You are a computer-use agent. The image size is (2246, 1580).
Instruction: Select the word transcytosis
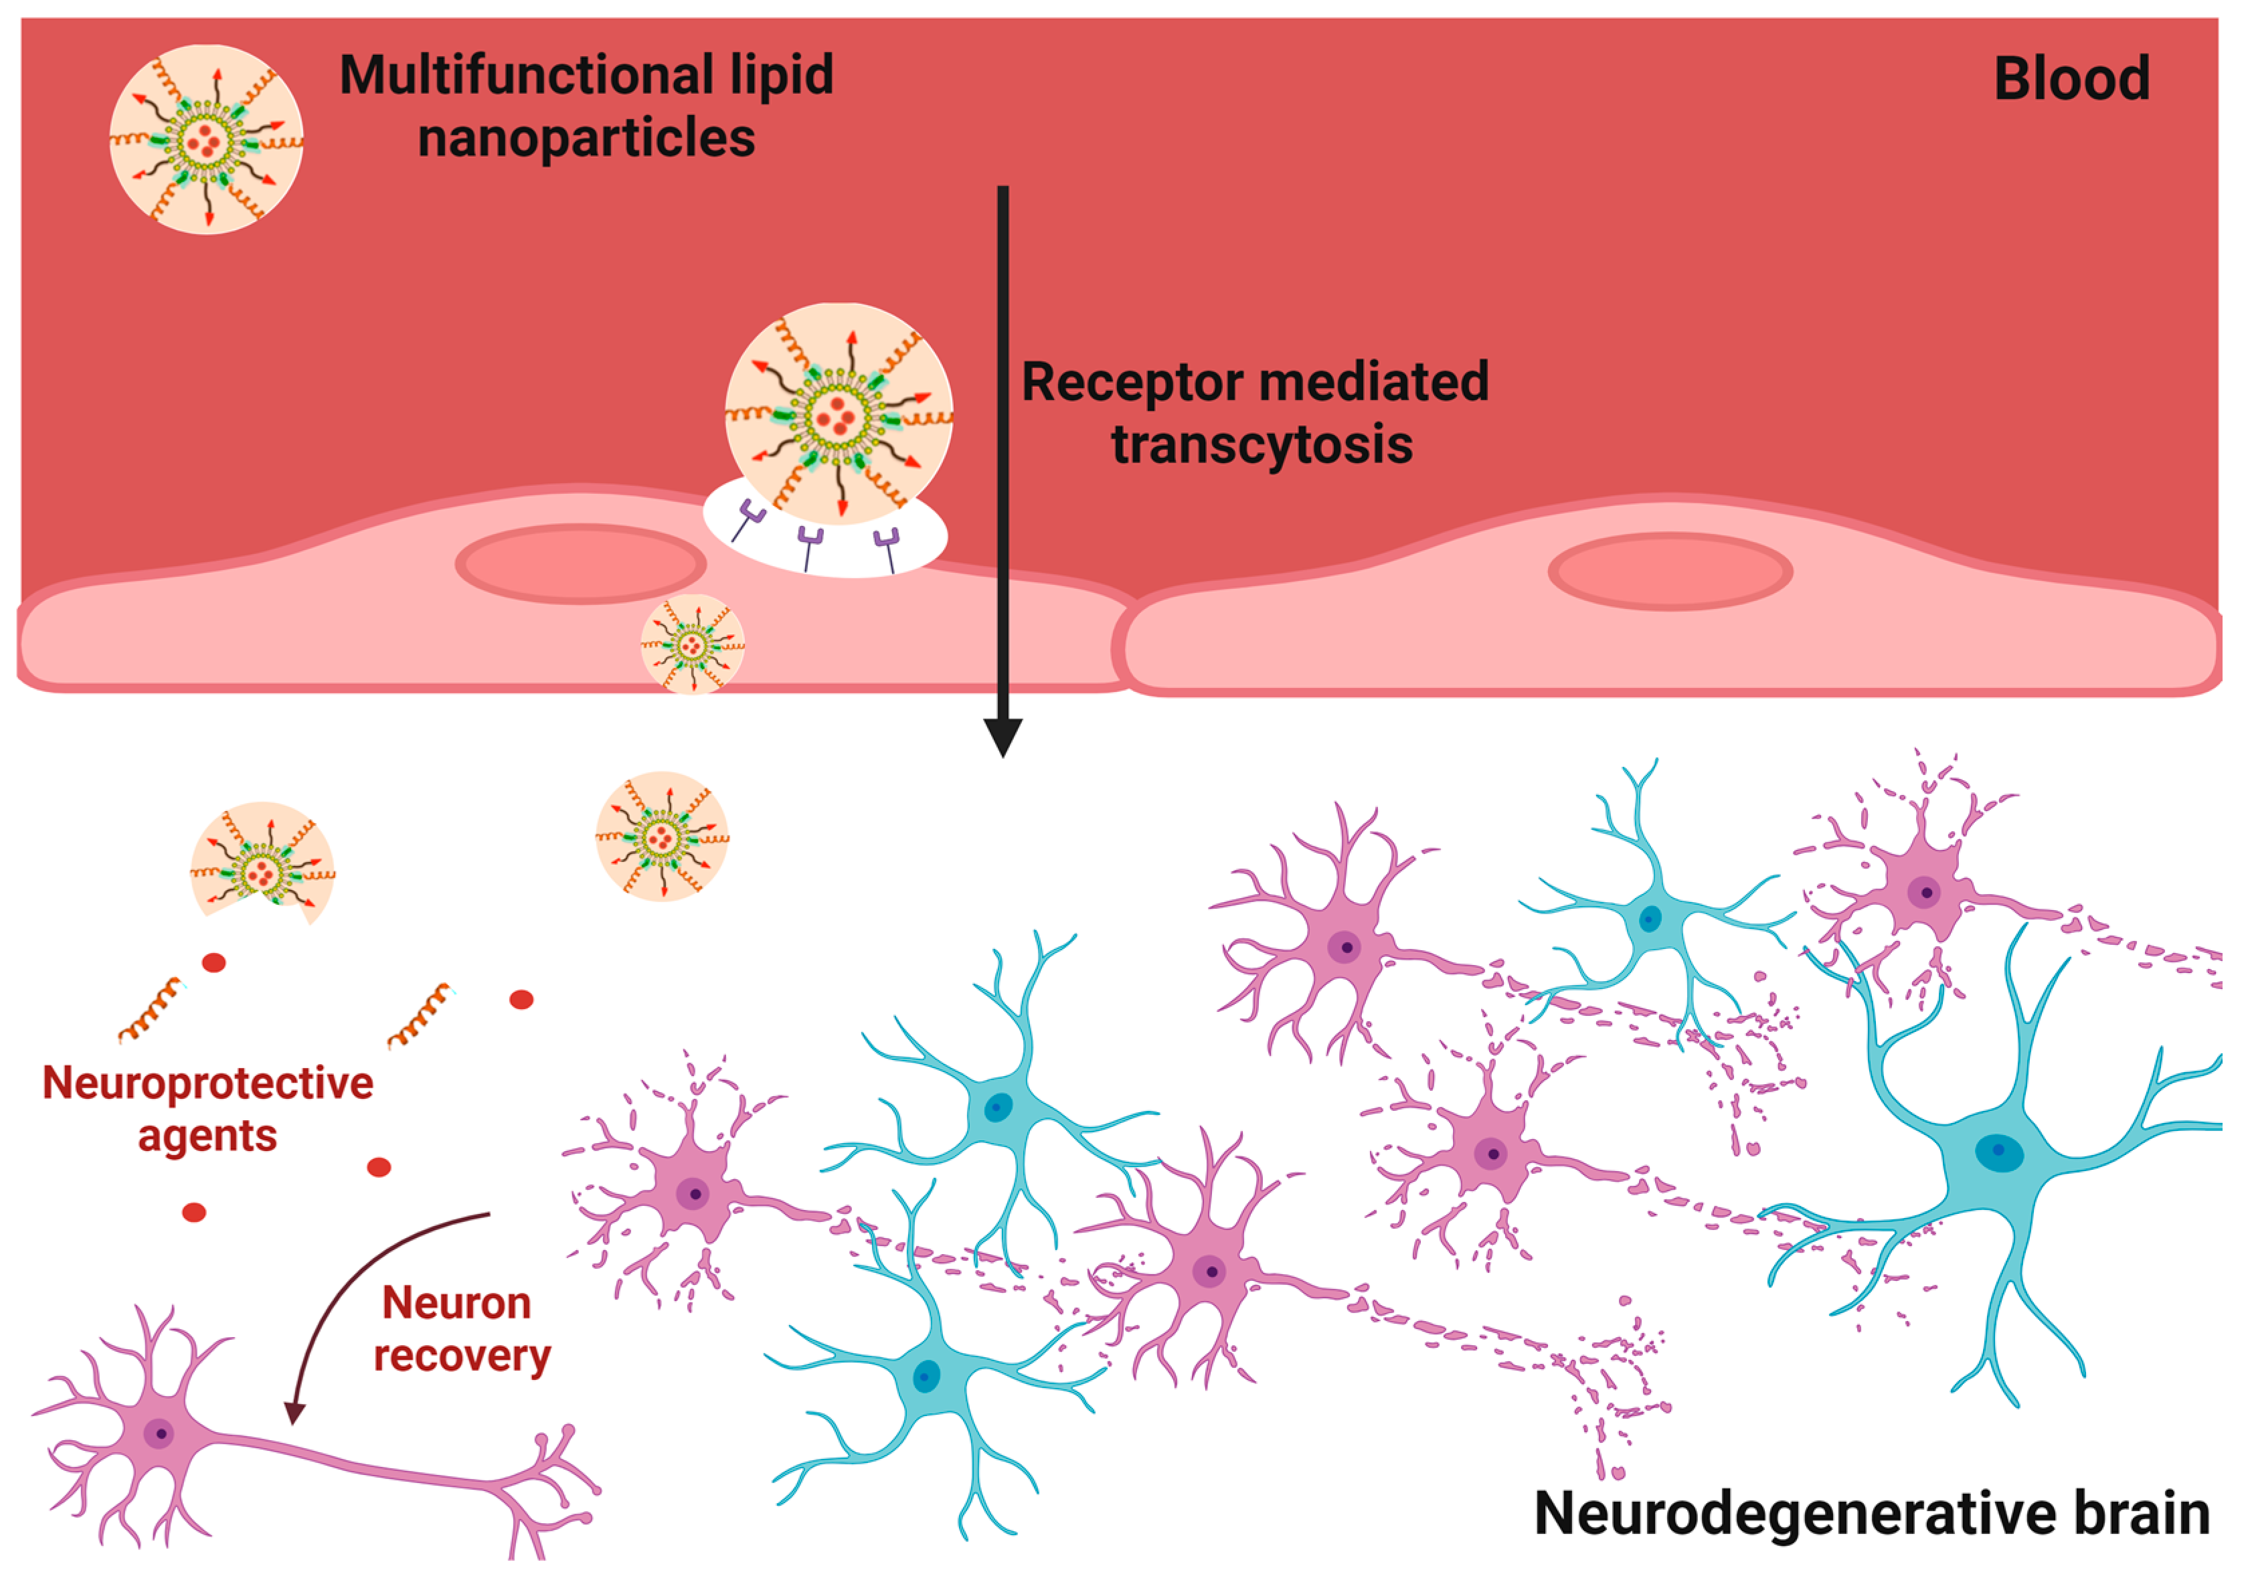pos(1262,445)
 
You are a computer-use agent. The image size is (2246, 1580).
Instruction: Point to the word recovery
pos(462,1356)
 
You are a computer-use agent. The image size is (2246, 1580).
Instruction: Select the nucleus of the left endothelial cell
pos(581,565)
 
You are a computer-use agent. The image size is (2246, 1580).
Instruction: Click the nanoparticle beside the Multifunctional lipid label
pos(206,140)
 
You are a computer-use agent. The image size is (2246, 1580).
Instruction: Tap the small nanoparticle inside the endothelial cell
pos(693,644)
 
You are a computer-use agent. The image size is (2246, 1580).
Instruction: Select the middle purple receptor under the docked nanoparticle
pos(810,541)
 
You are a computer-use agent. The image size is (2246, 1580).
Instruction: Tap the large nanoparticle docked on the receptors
pos(839,414)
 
